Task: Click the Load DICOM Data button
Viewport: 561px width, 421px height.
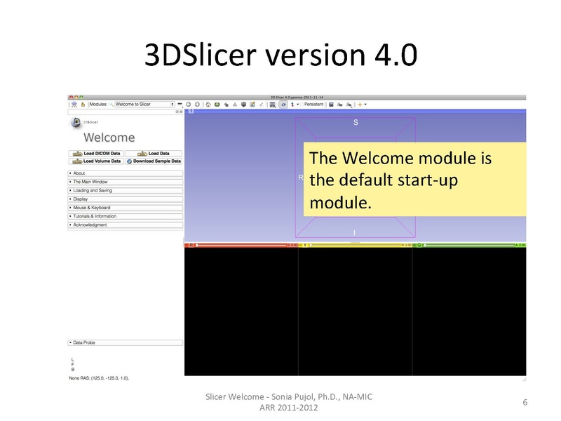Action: click(96, 153)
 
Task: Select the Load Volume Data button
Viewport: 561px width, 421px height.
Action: click(96, 161)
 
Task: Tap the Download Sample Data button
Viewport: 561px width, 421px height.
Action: click(154, 161)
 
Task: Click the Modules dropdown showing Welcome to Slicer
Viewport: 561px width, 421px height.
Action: click(144, 104)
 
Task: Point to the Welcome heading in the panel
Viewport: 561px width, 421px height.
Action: click(109, 138)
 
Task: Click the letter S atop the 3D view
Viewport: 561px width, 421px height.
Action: click(356, 123)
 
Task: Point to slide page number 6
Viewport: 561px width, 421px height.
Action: click(525, 402)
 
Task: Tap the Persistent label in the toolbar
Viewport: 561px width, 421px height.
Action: click(313, 104)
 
